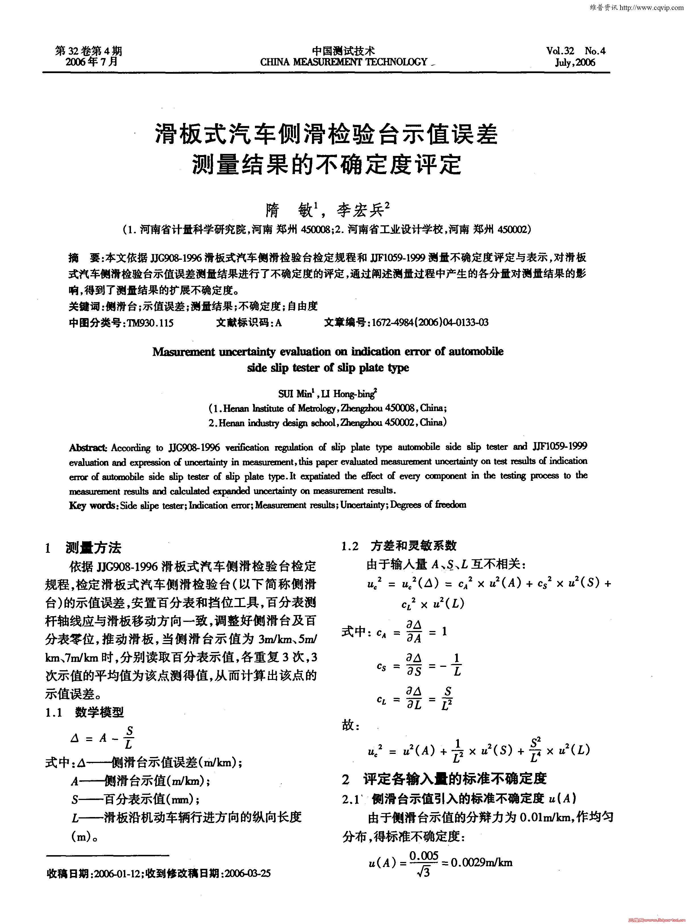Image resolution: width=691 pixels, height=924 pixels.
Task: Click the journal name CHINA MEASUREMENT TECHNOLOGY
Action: pyautogui.click(x=344, y=62)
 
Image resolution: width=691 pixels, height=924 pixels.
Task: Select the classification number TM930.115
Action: pyautogui.click(x=148, y=323)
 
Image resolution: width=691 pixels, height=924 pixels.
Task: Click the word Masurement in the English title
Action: pyautogui.click(x=183, y=352)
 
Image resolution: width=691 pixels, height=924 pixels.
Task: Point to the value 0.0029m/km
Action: pyautogui.click(x=481, y=862)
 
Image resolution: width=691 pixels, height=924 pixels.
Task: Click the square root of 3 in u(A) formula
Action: pyautogui.click(x=423, y=872)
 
